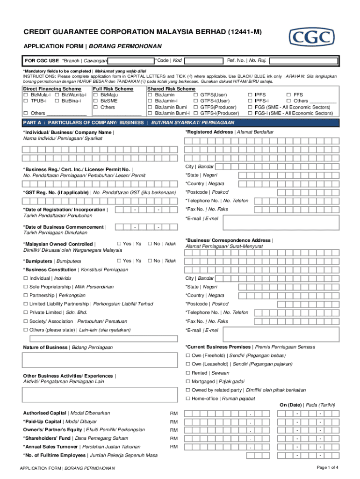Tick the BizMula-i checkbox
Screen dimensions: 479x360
(26, 95)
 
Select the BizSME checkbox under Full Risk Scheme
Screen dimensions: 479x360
(95, 101)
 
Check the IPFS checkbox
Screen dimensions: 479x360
(250, 95)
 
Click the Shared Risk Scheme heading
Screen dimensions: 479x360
(171, 89)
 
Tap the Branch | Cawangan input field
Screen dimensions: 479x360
(131, 61)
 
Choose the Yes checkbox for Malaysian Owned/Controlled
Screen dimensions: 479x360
(119, 244)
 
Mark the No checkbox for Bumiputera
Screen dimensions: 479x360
(150, 261)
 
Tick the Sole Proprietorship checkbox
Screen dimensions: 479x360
(26, 287)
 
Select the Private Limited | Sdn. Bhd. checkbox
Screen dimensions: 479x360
(26, 312)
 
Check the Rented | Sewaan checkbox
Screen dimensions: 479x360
(188, 373)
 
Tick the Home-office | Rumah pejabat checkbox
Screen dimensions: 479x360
(188, 399)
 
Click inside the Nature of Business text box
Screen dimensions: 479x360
(100, 360)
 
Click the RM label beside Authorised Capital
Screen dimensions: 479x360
(173, 414)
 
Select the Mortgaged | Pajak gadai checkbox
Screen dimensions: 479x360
(188, 382)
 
